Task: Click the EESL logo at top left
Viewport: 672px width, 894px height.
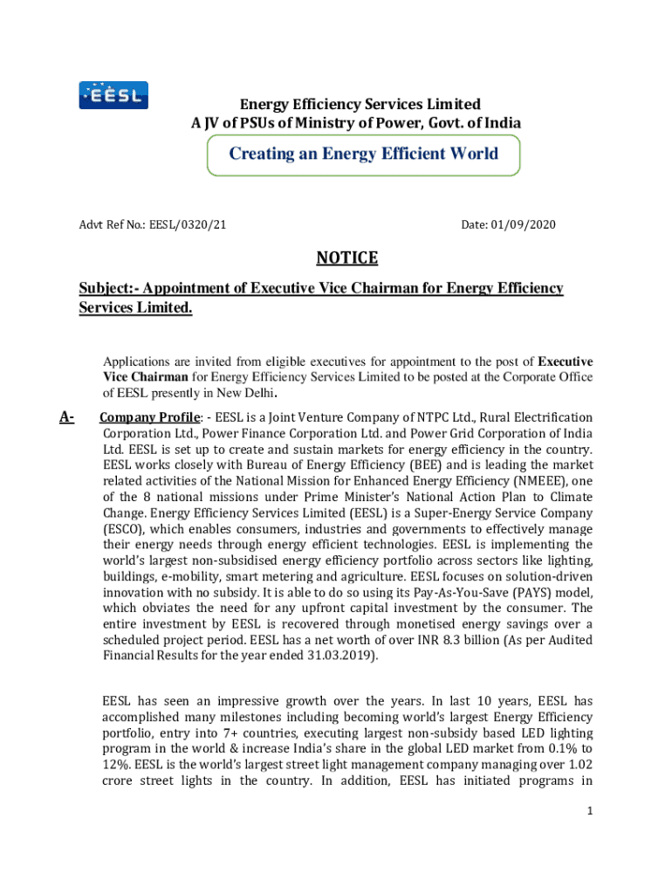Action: (x=113, y=94)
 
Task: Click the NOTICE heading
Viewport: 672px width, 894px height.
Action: (x=346, y=258)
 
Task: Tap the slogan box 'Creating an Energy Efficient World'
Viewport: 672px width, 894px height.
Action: (x=363, y=155)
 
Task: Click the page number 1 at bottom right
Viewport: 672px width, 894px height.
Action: (x=590, y=811)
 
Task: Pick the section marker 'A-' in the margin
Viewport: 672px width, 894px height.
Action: (x=67, y=417)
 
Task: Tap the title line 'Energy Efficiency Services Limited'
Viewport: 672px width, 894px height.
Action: (x=348, y=105)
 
